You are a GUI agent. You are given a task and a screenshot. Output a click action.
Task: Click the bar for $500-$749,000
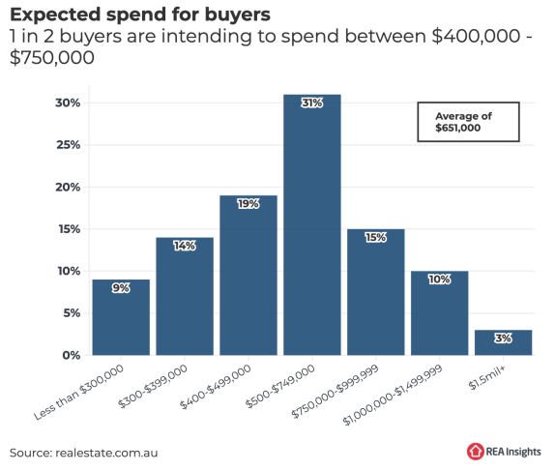(312, 224)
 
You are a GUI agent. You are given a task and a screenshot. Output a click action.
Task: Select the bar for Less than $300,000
(121, 317)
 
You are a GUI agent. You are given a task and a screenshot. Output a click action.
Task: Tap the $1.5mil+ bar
(503, 342)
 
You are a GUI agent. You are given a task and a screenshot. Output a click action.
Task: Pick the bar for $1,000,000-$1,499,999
(439, 313)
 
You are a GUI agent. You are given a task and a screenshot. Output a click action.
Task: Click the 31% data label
(312, 103)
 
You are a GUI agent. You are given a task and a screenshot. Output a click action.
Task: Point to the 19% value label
(248, 204)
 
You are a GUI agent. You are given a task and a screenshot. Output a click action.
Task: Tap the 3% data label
(503, 339)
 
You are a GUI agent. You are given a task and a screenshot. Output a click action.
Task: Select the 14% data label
(185, 246)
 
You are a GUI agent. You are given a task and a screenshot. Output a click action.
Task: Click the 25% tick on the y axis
(68, 145)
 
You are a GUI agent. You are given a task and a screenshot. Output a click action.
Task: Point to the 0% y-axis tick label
(72, 355)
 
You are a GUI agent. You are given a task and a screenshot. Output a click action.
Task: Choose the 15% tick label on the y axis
(70, 229)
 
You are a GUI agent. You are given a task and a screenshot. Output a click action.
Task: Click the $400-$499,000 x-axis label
(216, 386)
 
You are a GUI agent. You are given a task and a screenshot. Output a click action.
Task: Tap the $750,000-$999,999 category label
(335, 391)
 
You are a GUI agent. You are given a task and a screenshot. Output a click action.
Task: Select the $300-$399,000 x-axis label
(153, 386)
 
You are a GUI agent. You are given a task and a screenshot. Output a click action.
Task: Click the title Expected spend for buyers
(140, 15)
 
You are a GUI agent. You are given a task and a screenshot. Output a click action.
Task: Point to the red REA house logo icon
(475, 452)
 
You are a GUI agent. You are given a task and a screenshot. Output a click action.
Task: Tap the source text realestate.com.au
(106, 453)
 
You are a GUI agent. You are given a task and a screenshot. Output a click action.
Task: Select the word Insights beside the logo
(523, 452)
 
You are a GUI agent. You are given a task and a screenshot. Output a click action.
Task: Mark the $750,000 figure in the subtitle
(52, 58)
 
